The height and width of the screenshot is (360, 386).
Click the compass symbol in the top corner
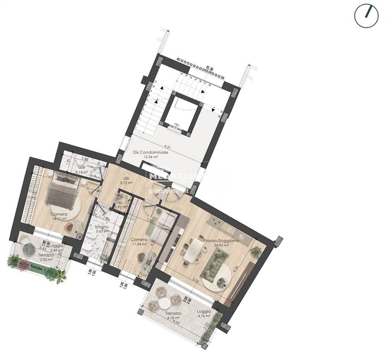[x=366, y=16]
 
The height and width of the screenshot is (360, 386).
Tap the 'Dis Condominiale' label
[x=151, y=153]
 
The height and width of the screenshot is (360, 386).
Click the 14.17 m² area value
[x=59, y=219]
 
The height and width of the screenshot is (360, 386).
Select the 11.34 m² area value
[x=139, y=244]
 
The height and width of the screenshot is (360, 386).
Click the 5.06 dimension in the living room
[x=195, y=280]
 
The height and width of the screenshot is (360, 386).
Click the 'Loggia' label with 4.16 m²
[x=204, y=311]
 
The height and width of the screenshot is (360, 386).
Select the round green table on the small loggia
[x=30, y=249]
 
